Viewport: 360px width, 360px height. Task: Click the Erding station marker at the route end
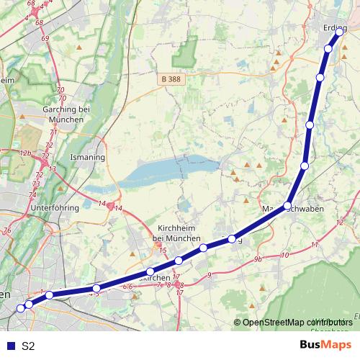338,32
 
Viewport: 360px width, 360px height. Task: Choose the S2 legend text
28,346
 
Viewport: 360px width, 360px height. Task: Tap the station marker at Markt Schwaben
287,206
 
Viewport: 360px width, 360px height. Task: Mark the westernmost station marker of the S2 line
20,308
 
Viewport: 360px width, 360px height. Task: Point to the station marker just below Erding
328,49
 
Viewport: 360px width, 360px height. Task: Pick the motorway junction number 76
7,230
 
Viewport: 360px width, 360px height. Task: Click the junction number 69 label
45,38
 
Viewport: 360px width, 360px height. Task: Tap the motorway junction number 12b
25,153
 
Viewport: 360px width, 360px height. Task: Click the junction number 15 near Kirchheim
163,251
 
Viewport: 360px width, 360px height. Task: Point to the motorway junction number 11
314,246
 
